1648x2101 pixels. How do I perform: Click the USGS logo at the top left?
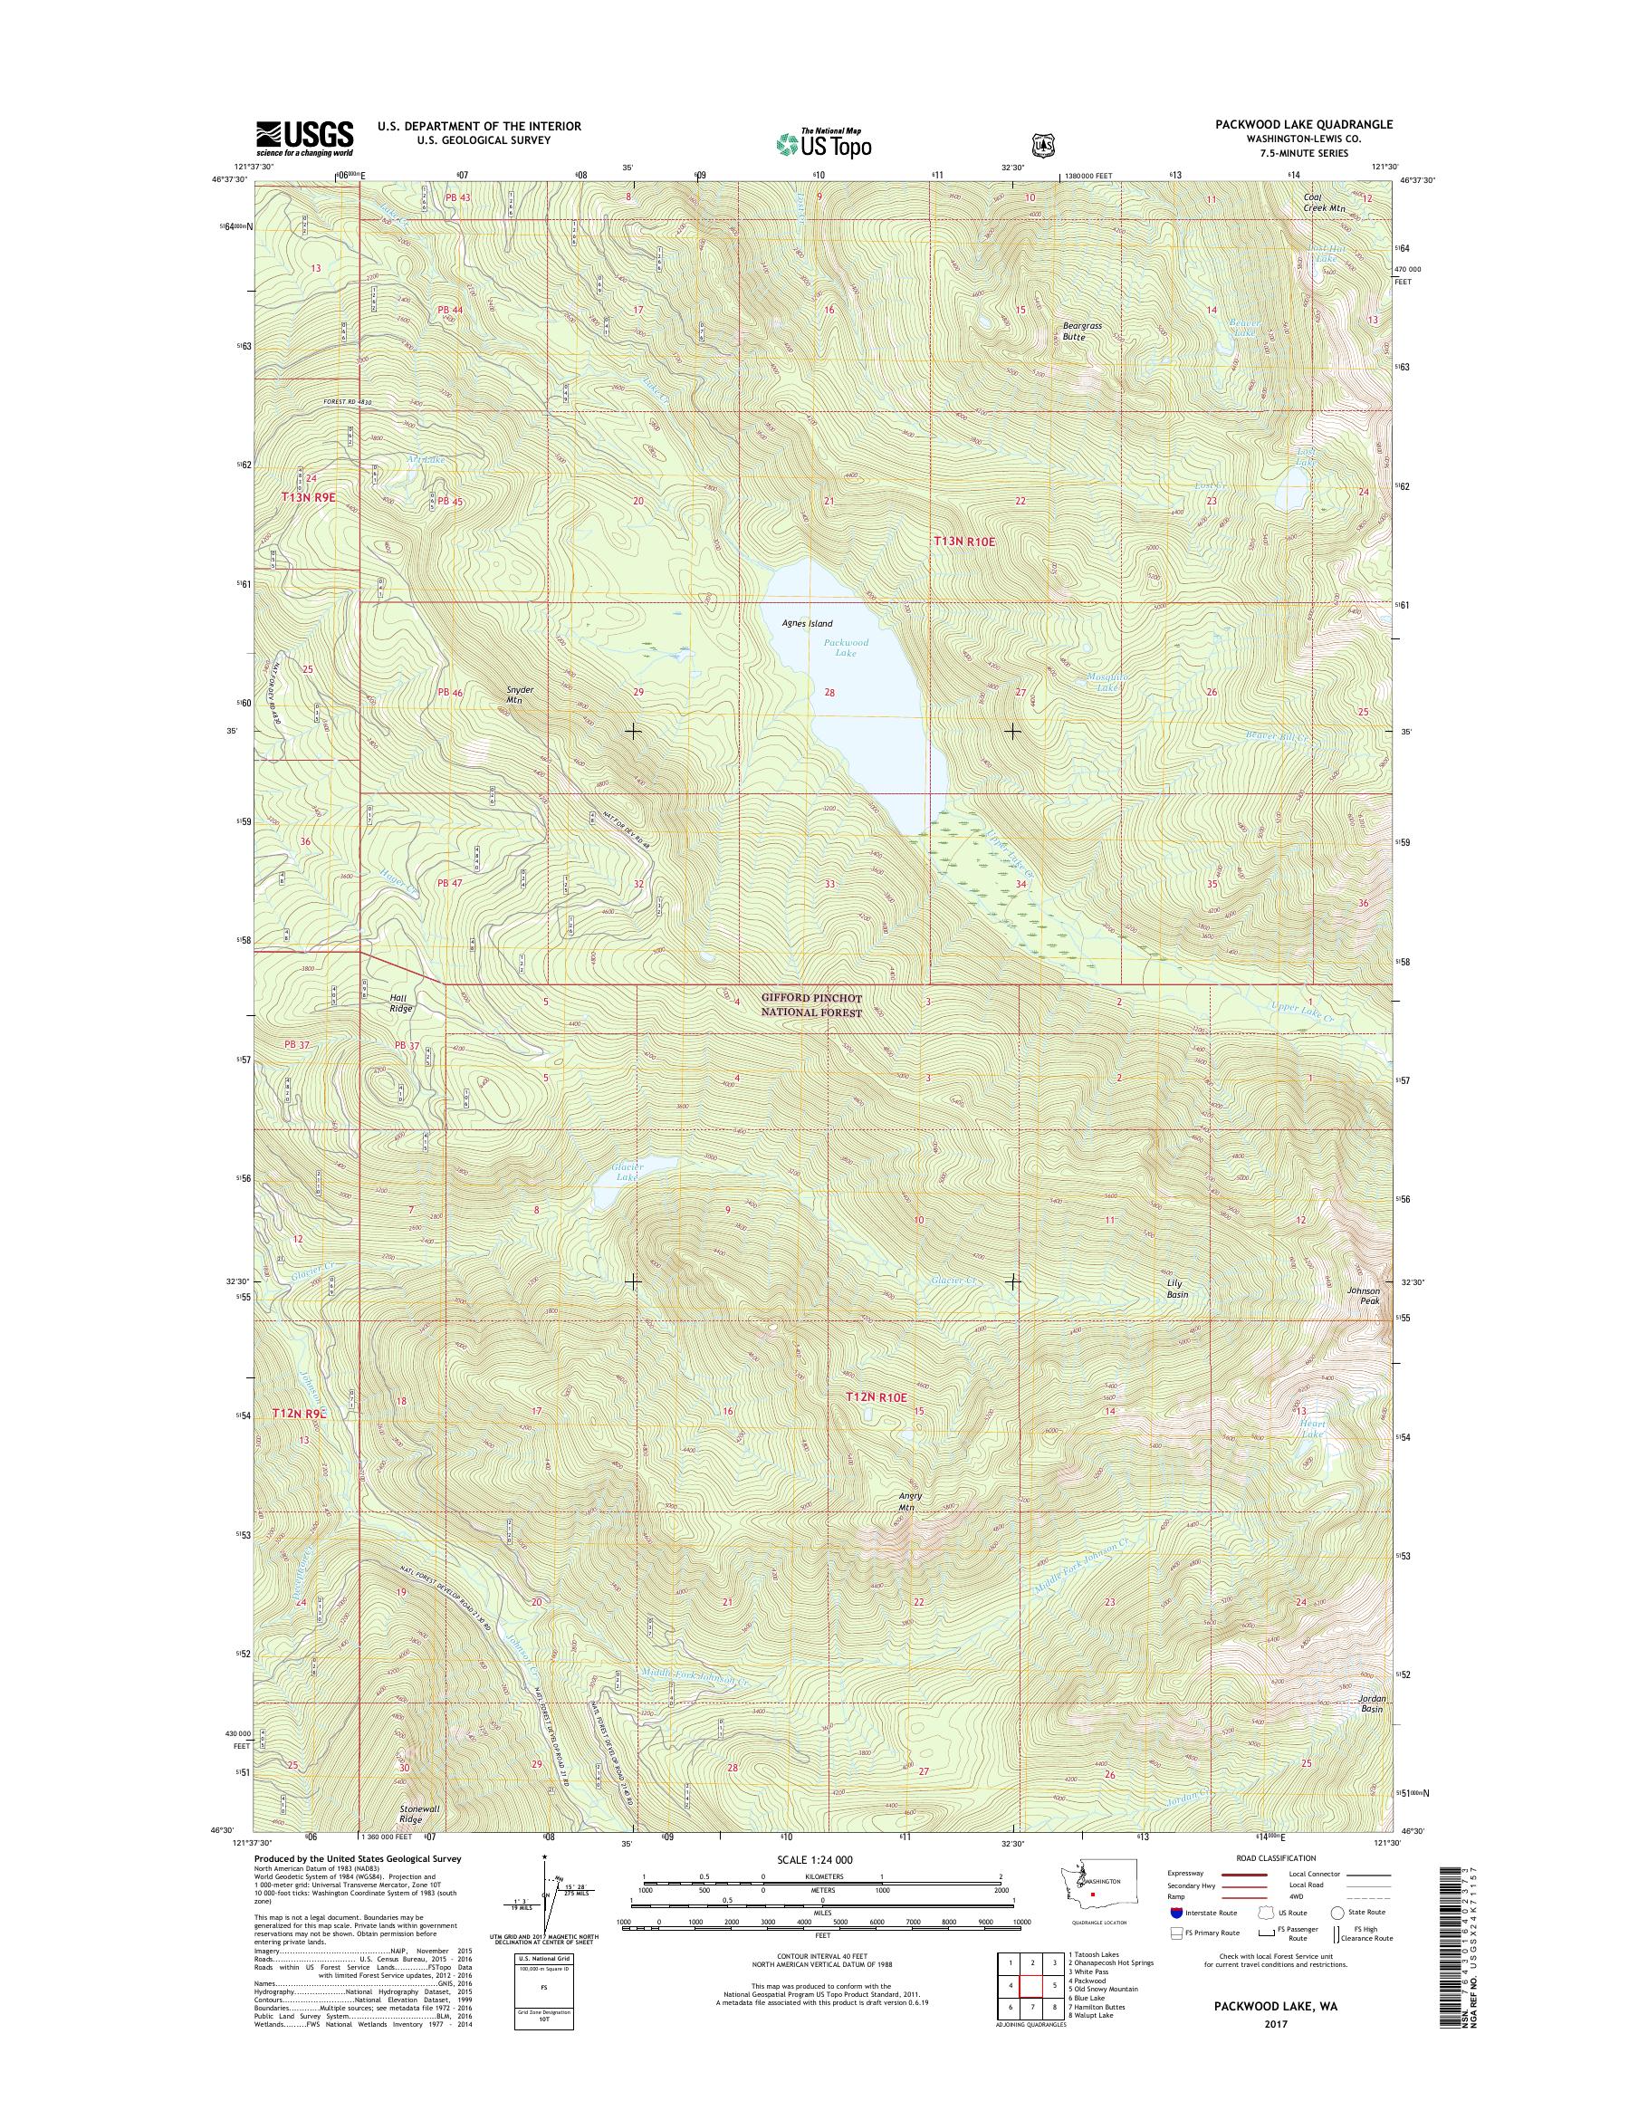click(x=304, y=138)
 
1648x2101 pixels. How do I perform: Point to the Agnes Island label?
click(x=807, y=623)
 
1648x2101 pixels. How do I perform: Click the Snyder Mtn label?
click(x=520, y=695)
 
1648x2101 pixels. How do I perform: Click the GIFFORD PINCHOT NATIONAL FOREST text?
click(x=810, y=1004)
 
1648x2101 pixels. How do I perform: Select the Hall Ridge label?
click(x=400, y=1003)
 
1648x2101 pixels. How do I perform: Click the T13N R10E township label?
click(x=963, y=542)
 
